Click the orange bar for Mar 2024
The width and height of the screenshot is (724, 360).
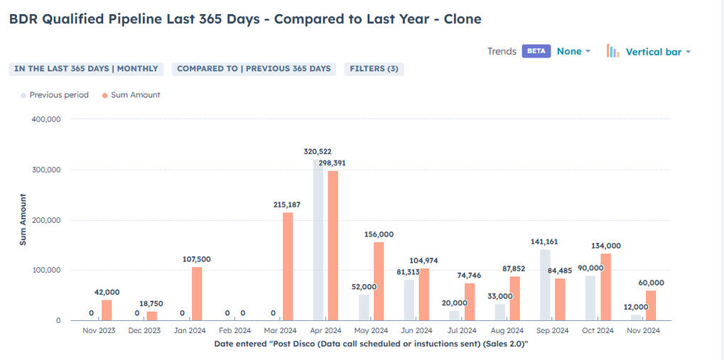pyautogui.click(x=288, y=266)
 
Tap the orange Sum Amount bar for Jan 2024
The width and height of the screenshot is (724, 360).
pyautogui.click(x=197, y=293)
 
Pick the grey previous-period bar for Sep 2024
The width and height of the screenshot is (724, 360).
pyautogui.click(x=546, y=285)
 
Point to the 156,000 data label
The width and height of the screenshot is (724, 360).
pyautogui.click(x=379, y=234)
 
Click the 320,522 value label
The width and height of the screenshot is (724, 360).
pyautogui.click(x=317, y=151)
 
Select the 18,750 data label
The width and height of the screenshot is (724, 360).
pyautogui.click(x=151, y=303)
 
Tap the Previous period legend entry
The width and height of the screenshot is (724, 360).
pyautogui.click(x=59, y=95)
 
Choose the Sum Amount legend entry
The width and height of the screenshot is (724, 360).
pyautogui.click(x=135, y=95)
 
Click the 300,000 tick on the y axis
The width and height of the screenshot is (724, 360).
pyautogui.click(x=47, y=170)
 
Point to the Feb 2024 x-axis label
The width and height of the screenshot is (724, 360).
pyautogui.click(x=234, y=331)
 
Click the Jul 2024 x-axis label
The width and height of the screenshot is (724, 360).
pyautogui.click(x=461, y=331)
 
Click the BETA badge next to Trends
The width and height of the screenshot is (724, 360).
pyautogui.click(x=536, y=51)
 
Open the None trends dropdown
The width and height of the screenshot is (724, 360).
pyautogui.click(x=573, y=51)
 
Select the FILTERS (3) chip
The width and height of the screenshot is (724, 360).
pyautogui.click(x=374, y=69)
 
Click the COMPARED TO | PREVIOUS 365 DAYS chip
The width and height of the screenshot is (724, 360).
pyautogui.click(x=254, y=69)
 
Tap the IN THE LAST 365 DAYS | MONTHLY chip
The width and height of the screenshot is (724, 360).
pyautogui.click(x=86, y=69)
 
